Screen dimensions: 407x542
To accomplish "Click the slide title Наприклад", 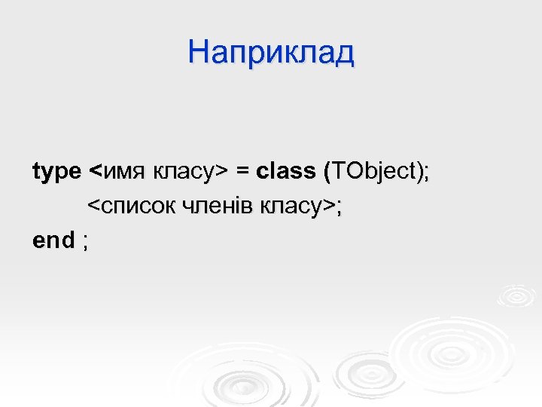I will (271, 53).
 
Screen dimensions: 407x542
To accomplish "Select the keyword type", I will (56, 173).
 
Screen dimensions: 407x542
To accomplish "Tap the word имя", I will (123, 173).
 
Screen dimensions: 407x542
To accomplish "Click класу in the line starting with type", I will (182, 173).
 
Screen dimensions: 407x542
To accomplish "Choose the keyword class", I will (286, 171).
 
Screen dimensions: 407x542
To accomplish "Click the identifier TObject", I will (372, 172).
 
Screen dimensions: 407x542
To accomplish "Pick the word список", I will (132, 206).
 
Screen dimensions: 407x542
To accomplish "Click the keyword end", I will (53, 240).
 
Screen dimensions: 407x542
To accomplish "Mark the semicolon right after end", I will (85, 243).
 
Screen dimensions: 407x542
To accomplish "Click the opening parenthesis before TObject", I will (326, 172).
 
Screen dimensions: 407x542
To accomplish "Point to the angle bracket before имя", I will (94, 173).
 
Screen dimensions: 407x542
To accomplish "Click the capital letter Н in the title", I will (199, 53).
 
